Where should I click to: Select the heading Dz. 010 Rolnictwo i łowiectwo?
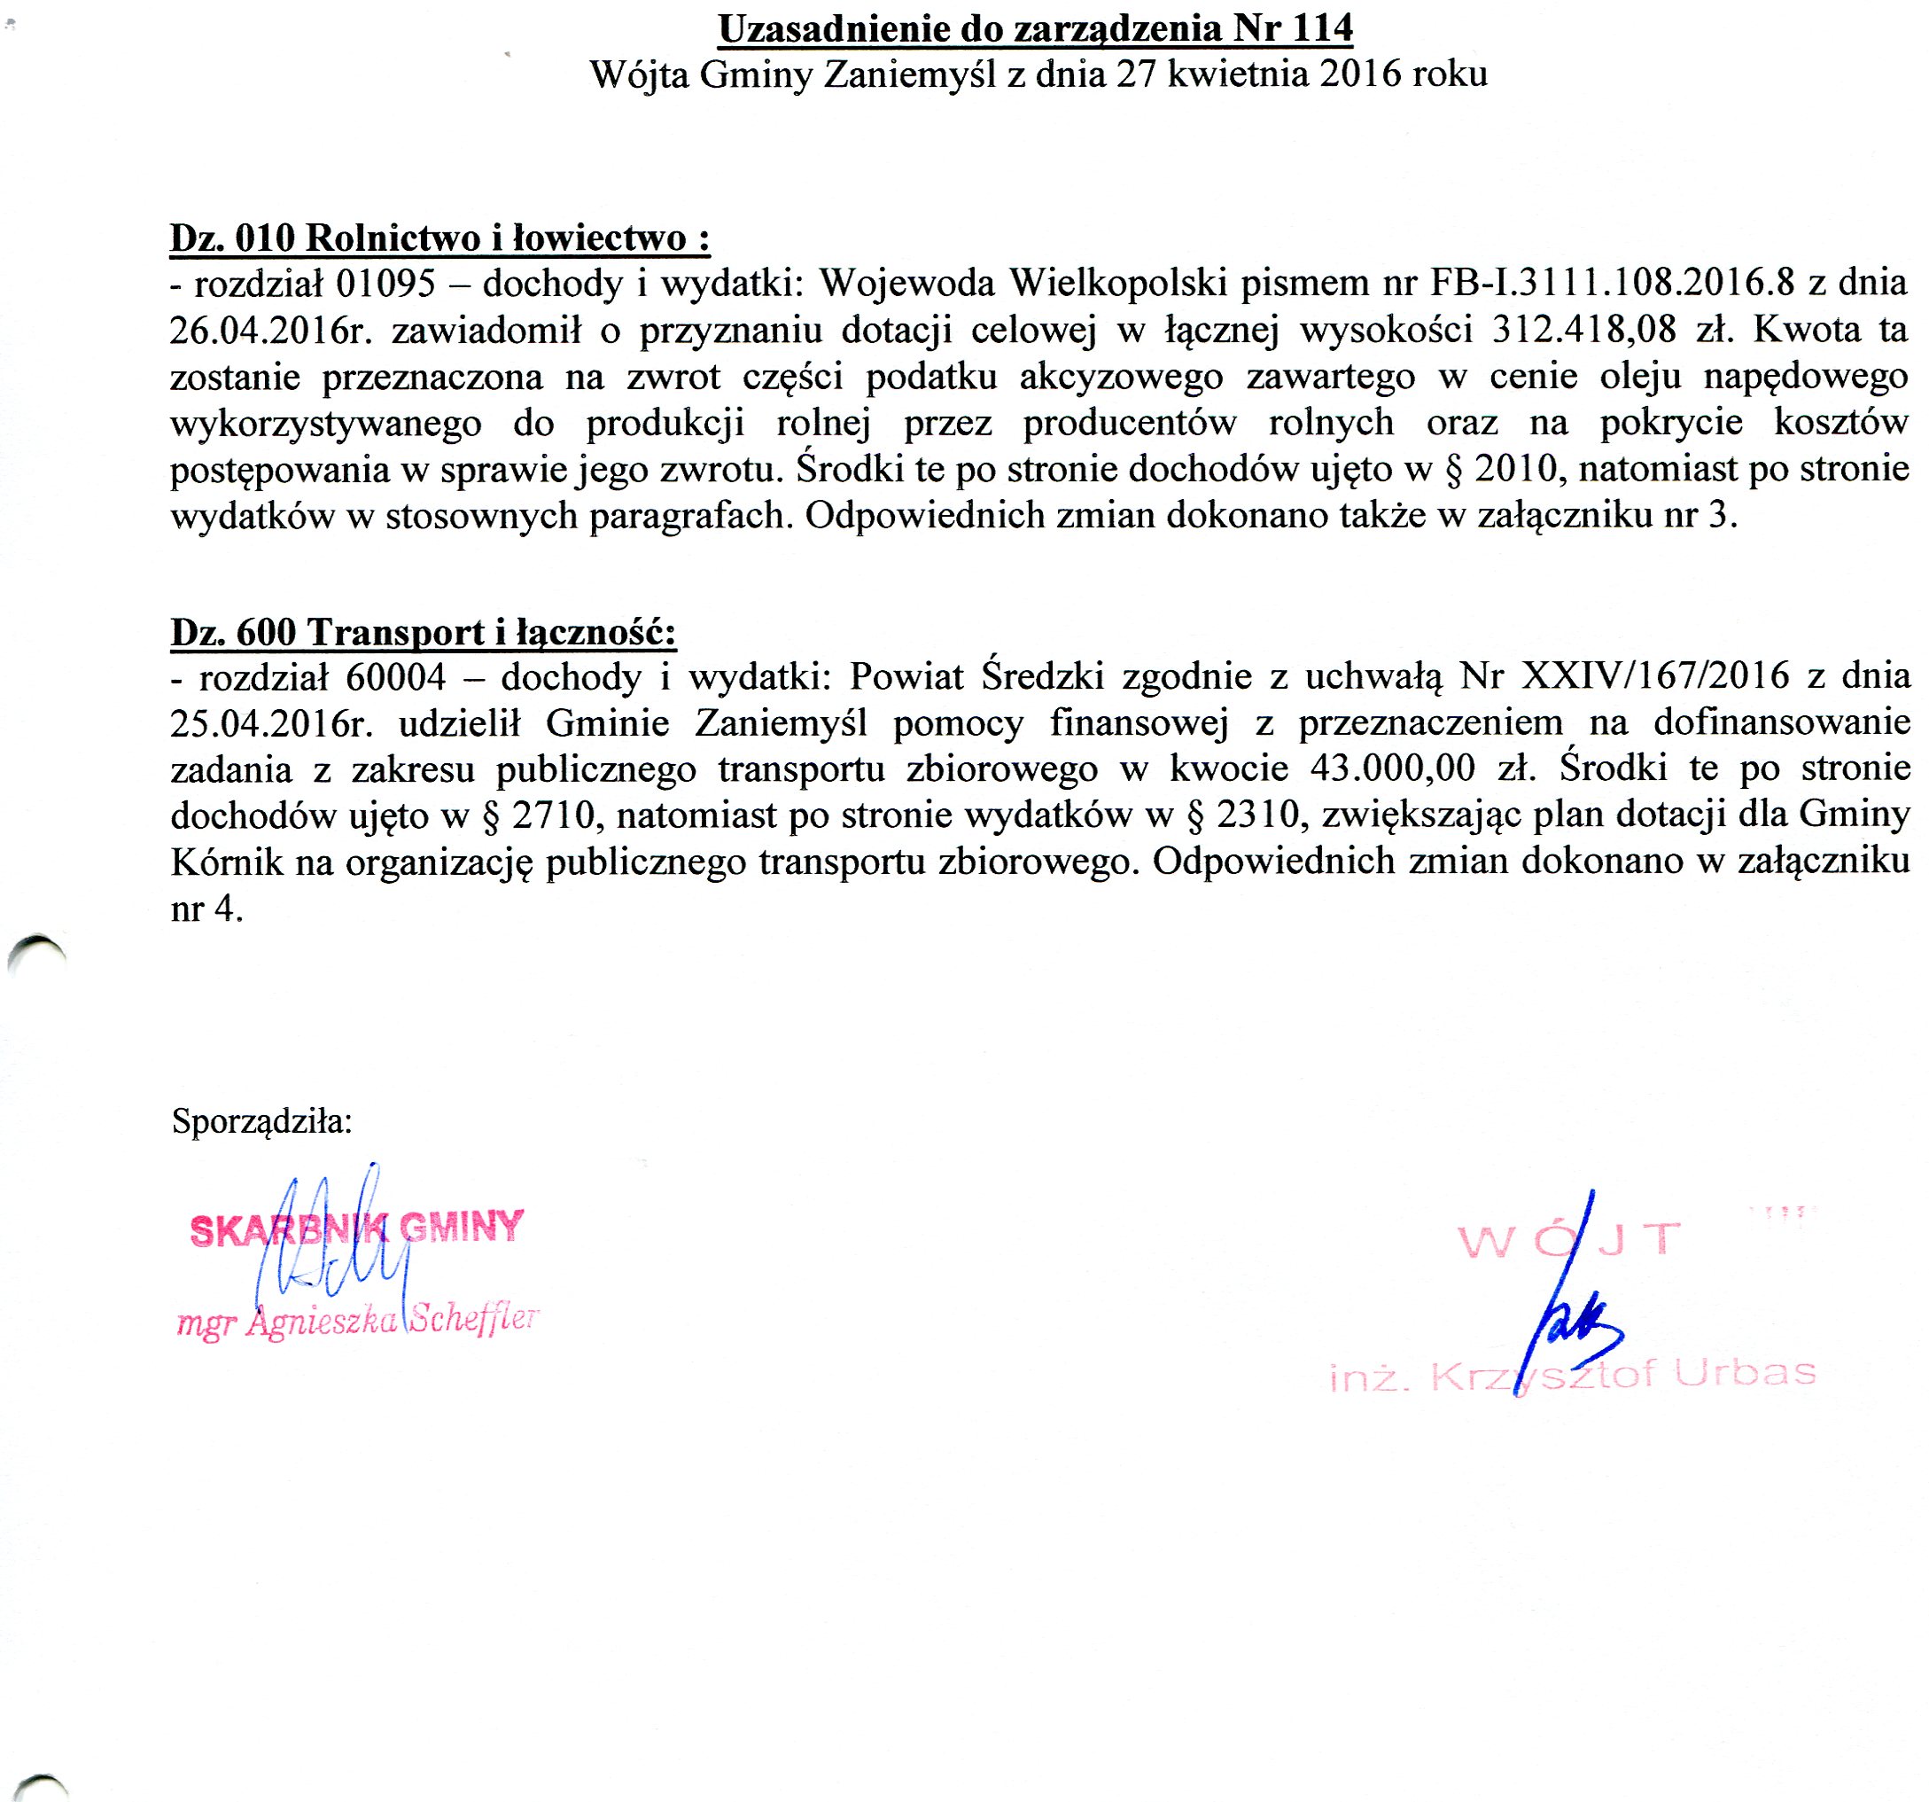click(439, 238)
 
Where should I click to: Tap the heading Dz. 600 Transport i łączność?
click(423, 633)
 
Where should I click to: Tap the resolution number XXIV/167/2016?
click(1655, 676)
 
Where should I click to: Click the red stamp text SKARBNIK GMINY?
click(357, 1229)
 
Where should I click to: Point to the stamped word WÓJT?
click(1569, 1240)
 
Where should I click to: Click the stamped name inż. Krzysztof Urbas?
click(1572, 1374)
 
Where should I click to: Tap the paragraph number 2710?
click(552, 815)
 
